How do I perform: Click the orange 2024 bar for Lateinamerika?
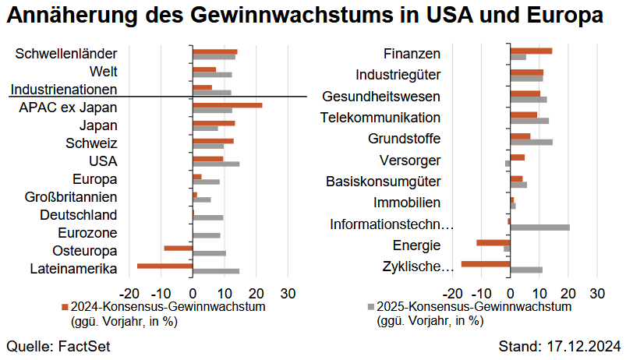point(164,266)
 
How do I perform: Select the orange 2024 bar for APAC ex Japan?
point(228,104)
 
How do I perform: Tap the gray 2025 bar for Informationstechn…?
point(539,228)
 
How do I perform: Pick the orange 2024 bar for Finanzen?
point(531,51)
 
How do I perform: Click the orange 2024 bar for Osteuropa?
point(179,248)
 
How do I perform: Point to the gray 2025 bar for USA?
point(216,164)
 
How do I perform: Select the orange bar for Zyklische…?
point(486,263)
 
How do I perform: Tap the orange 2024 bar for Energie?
point(493,242)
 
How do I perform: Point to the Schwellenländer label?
point(66,54)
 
